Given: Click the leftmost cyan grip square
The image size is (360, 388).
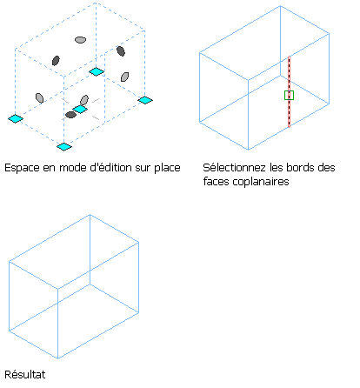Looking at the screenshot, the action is (16, 118).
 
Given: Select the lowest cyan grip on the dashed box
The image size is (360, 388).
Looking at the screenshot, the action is (64, 147).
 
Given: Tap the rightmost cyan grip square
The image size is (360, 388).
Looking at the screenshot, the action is (145, 100).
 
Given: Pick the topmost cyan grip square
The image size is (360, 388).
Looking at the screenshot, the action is (97, 71).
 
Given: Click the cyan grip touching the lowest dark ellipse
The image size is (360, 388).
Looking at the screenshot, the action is (80, 110).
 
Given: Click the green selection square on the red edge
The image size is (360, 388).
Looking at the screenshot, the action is (289, 95).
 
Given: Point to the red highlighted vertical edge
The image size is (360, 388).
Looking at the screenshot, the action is (289, 91).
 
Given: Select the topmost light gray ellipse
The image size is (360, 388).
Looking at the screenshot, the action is (80, 40).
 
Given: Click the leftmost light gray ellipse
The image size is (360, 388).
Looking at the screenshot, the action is (39, 98).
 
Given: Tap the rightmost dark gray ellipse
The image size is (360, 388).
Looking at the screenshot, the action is (121, 51).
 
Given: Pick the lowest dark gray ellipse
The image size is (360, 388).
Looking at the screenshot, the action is (70, 115).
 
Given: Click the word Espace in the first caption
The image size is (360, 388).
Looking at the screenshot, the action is (22, 168).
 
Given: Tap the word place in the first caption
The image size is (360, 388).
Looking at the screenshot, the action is (167, 168).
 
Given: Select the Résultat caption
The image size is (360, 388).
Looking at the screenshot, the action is (25, 374).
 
